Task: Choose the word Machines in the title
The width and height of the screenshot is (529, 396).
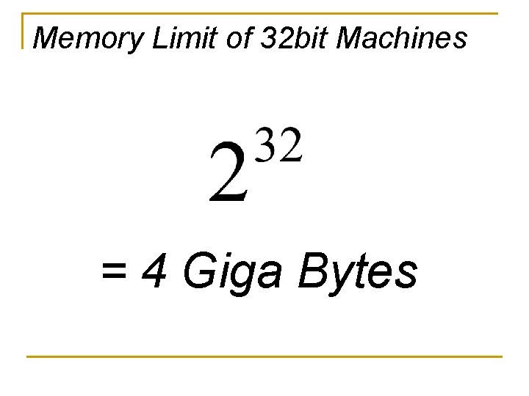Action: tap(401, 37)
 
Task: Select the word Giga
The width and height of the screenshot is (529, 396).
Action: tap(233, 273)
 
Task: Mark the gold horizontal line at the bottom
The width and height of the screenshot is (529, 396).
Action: tap(264, 356)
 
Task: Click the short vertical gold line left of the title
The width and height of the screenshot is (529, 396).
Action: tap(24, 31)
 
